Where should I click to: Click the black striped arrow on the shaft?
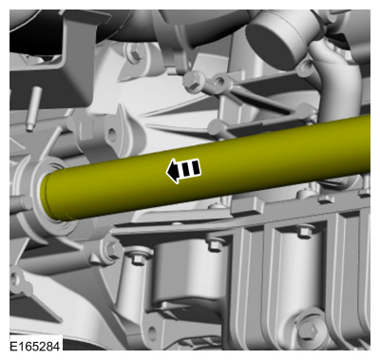click(x=183, y=170)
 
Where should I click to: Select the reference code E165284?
click(x=35, y=346)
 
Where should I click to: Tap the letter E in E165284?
click(x=13, y=346)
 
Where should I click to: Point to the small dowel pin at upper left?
click(x=33, y=108)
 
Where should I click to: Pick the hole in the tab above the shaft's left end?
click(x=111, y=134)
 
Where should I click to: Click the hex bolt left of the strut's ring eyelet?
click(x=192, y=81)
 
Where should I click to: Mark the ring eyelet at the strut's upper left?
click(x=219, y=82)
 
